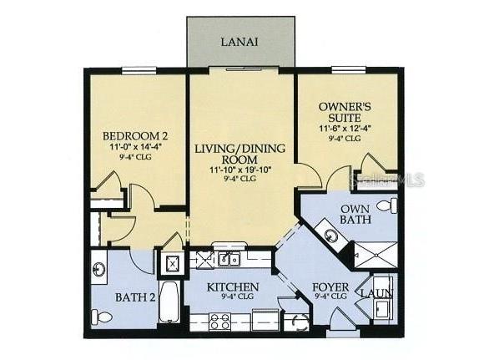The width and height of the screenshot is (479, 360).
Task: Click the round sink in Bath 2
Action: [100, 271]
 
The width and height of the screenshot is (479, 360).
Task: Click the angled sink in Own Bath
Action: [331, 236]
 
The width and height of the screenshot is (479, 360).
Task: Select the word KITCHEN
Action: [232, 288]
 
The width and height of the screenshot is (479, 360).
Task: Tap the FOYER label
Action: [330, 288]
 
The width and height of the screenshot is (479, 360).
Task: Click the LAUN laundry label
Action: [373, 293]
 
